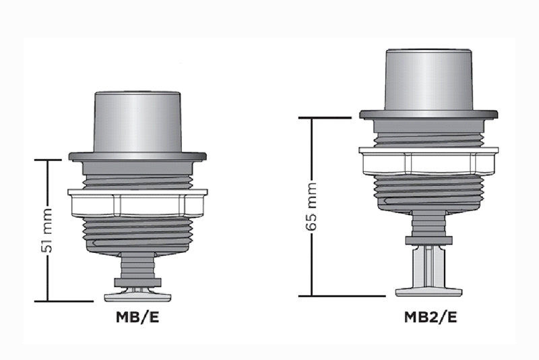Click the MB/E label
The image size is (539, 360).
[137, 318]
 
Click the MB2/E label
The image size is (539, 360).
[431, 318]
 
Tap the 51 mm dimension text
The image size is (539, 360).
[46, 231]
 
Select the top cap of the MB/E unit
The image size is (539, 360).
[137, 122]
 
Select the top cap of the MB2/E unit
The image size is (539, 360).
[429, 80]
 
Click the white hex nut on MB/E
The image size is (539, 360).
[137, 203]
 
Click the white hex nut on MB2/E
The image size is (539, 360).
[429, 161]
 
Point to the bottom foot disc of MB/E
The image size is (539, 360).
[137, 297]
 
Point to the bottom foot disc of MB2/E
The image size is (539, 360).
[429, 293]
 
